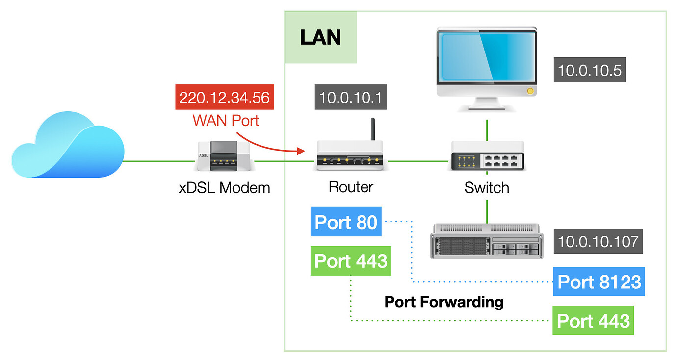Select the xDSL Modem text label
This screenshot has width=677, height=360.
[x=224, y=187]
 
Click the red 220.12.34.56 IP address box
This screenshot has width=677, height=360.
[x=224, y=97]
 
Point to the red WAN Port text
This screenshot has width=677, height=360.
[x=226, y=120]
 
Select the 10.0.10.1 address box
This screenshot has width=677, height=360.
[x=351, y=97]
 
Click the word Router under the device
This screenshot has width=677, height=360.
[x=351, y=187]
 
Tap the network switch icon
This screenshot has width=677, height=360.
[x=487, y=156]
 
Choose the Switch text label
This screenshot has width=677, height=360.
[x=487, y=187]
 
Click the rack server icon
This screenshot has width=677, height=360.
[x=486, y=241]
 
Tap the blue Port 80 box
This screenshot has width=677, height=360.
[x=346, y=222]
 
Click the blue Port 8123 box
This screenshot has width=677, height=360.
[x=599, y=282]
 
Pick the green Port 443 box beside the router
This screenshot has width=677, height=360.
[x=351, y=260]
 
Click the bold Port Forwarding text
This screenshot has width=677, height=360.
[x=444, y=302]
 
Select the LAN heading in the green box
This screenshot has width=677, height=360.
[x=320, y=37]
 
